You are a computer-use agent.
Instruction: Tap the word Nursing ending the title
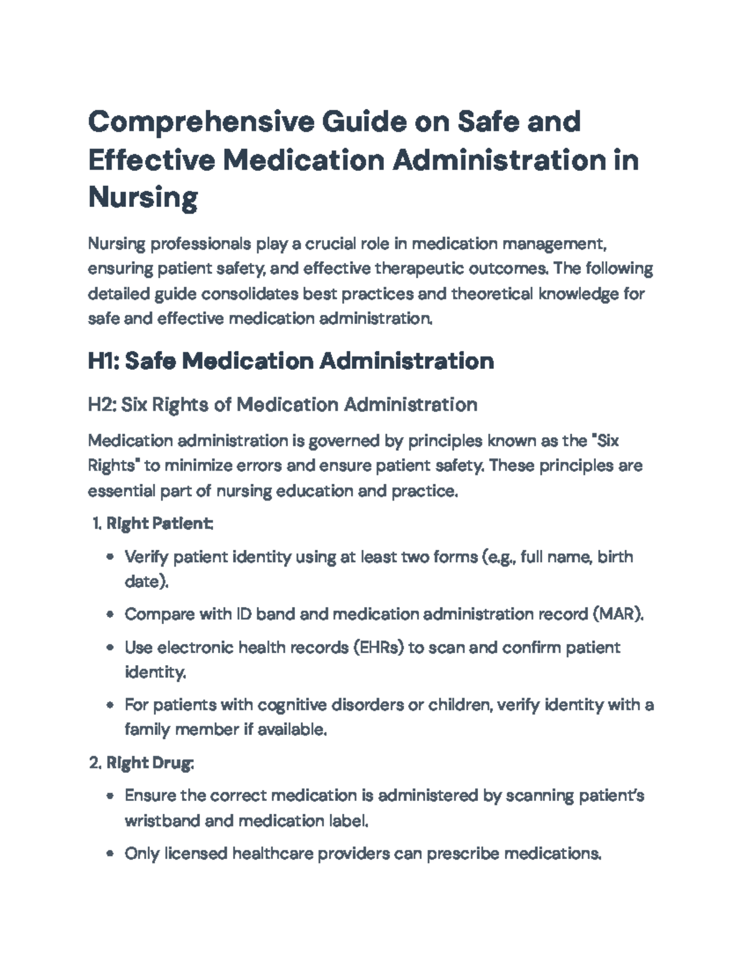pyautogui.click(x=143, y=198)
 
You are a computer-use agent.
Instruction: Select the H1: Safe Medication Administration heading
pyautogui.click(x=291, y=361)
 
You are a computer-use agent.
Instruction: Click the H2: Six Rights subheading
pyautogui.click(x=282, y=405)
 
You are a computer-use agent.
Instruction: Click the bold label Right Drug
pyautogui.click(x=150, y=763)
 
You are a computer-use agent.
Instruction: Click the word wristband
pyautogui.click(x=162, y=821)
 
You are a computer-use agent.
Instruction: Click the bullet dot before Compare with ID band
pyautogui.click(x=110, y=615)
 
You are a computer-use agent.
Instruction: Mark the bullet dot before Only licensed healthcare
pyautogui.click(x=110, y=853)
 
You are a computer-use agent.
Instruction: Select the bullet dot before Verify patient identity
pyautogui.click(x=110, y=557)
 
